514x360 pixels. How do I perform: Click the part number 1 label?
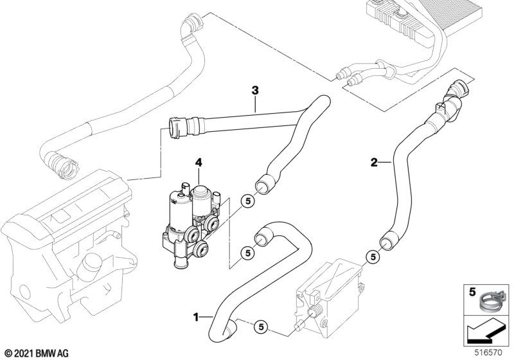click(197, 316)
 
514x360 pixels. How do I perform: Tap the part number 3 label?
click(255, 91)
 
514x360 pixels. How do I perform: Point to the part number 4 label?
click(199, 164)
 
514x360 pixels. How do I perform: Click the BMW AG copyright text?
click(37, 353)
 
